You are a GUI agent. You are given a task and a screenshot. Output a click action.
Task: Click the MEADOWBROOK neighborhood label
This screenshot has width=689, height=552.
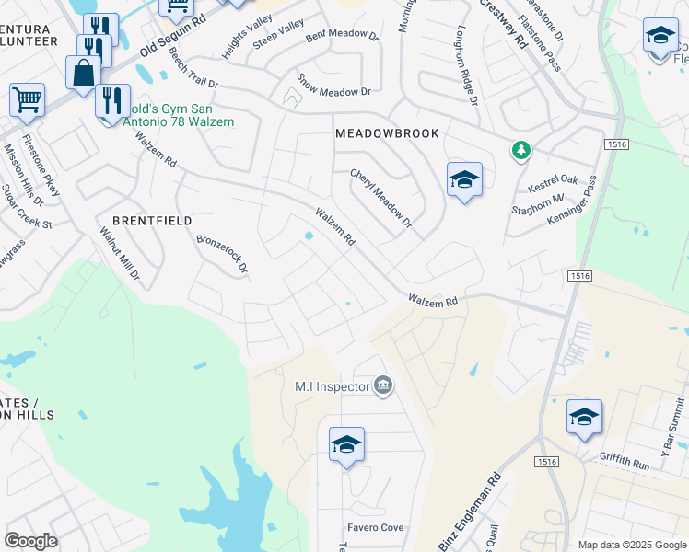(x=387, y=133)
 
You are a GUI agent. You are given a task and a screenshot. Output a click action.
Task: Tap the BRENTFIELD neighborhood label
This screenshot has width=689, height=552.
(x=152, y=221)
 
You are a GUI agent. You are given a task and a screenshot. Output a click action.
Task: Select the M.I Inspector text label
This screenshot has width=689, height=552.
(x=332, y=385)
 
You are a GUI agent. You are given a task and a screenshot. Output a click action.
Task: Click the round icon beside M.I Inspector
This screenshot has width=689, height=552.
(x=384, y=385)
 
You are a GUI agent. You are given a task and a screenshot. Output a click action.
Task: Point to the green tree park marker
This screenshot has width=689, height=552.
(x=521, y=150)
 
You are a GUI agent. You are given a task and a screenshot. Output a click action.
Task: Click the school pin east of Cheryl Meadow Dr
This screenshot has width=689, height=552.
(x=464, y=179)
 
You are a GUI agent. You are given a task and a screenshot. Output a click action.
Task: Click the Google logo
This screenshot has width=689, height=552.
(x=30, y=541)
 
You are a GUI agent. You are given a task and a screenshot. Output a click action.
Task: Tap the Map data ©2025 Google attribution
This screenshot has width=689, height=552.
(x=631, y=545)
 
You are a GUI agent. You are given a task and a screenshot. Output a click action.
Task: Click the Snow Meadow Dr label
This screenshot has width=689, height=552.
(x=333, y=92)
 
